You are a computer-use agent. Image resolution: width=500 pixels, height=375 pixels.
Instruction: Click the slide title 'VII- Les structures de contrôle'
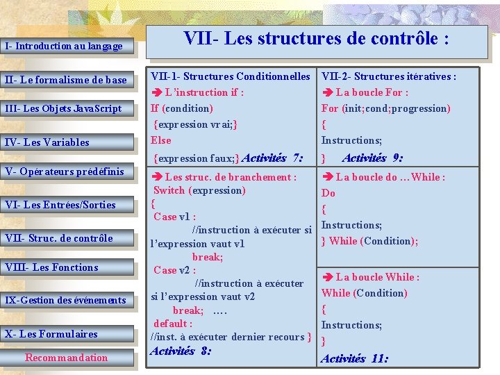click(316, 39)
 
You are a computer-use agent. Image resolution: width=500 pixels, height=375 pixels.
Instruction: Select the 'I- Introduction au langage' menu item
click(64, 47)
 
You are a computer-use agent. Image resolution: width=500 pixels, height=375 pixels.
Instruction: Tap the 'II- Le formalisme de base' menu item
click(66, 80)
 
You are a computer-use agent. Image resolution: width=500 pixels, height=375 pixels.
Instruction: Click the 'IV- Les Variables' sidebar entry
click(47, 142)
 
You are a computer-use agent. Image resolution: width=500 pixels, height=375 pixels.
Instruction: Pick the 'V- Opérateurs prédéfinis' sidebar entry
click(65, 172)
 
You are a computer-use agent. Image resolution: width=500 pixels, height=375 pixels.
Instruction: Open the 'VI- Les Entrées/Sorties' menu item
click(60, 205)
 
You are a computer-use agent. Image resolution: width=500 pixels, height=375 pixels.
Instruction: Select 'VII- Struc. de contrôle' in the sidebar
click(58, 238)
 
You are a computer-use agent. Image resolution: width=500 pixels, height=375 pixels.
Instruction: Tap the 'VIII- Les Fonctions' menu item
click(51, 267)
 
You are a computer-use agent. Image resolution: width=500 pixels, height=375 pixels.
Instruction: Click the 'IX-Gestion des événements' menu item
click(65, 300)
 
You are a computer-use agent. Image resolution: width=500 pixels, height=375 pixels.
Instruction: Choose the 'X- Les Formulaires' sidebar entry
click(51, 334)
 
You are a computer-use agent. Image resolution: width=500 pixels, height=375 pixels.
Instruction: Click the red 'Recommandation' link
click(67, 358)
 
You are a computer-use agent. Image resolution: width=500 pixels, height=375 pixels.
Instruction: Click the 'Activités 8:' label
click(181, 351)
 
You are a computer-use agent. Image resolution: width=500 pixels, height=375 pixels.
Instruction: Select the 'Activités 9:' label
click(372, 158)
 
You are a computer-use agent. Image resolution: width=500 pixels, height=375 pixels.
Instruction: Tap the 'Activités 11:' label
click(355, 358)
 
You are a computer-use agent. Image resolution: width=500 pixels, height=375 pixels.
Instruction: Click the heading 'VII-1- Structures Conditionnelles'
click(231, 76)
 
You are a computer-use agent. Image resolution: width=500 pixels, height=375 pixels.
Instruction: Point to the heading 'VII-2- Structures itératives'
click(389, 76)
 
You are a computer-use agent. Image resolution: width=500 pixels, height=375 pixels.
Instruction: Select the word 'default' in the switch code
click(170, 324)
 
